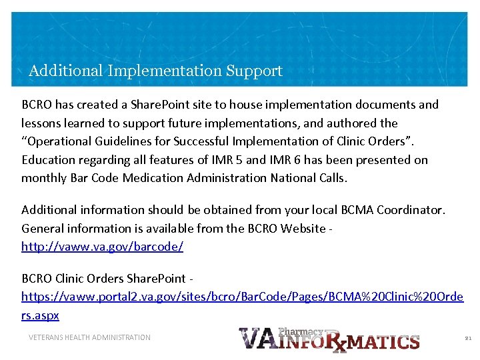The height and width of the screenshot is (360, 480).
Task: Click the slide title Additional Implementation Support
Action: (155, 71)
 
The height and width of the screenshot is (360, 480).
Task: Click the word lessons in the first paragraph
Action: (42, 123)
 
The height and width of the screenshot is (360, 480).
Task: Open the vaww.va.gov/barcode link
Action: (102, 247)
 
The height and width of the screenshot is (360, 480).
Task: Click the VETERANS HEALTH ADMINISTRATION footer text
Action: (89, 337)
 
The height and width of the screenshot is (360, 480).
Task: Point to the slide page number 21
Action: (467, 339)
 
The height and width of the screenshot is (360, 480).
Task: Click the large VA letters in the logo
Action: (257, 338)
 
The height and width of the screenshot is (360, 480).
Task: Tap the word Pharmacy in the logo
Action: (301, 331)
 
